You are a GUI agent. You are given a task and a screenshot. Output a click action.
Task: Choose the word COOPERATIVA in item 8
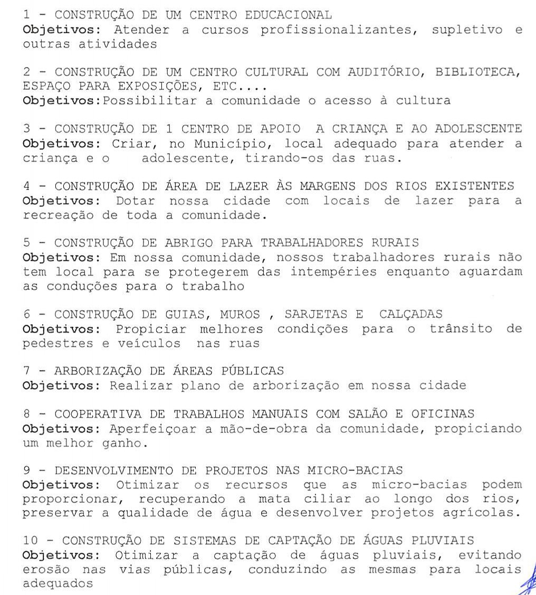coord(94,414)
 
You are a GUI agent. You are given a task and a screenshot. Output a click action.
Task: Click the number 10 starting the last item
coord(31,541)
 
